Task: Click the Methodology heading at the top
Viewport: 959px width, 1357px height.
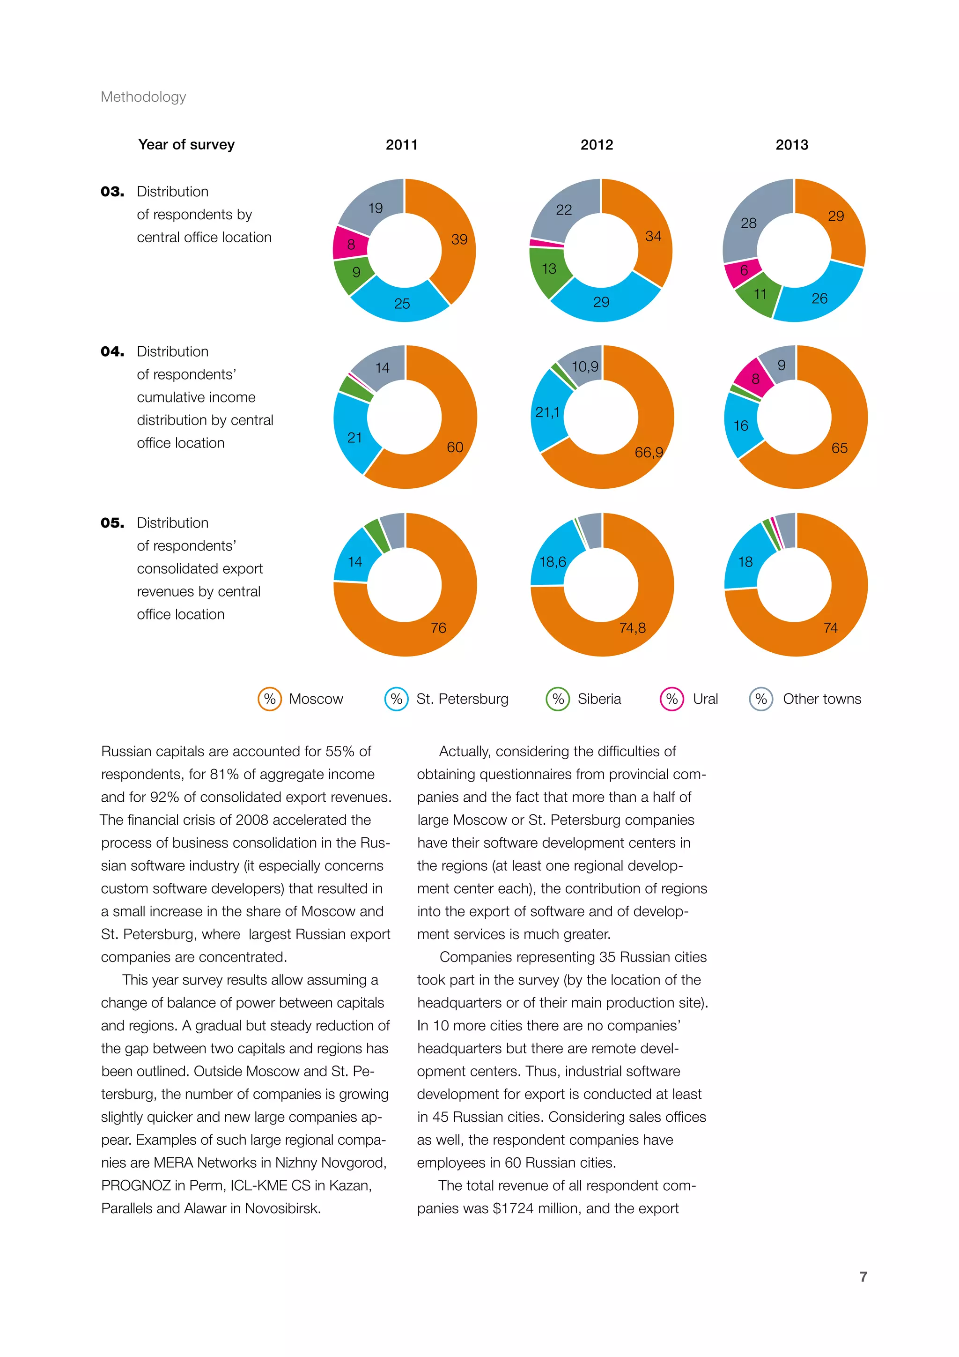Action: [x=143, y=97]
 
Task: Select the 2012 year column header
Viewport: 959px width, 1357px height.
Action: [x=597, y=145]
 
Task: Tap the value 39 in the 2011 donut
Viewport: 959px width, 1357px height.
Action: [x=459, y=239]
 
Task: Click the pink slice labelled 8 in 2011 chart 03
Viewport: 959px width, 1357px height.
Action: [x=351, y=244]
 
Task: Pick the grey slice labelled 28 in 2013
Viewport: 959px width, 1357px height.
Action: [x=748, y=223]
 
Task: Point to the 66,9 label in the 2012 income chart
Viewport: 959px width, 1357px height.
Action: [x=649, y=452]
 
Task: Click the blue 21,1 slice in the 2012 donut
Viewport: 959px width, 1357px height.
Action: [x=547, y=412]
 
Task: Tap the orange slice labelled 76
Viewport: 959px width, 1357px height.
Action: [x=438, y=628]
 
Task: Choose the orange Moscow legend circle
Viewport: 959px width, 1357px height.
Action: [x=269, y=699]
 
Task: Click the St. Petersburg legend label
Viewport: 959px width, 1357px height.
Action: [x=462, y=699]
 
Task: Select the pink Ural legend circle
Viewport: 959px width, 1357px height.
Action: [x=671, y=699]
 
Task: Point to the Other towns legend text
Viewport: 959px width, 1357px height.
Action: [x=821, y=699]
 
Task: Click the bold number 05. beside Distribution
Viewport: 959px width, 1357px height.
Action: [x=112, y=523]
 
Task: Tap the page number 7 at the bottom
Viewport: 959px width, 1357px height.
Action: [x=863, y=1276]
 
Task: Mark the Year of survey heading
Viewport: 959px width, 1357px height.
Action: [x=186, y=145]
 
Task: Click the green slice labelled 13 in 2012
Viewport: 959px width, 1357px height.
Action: [x=549, y=269]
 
